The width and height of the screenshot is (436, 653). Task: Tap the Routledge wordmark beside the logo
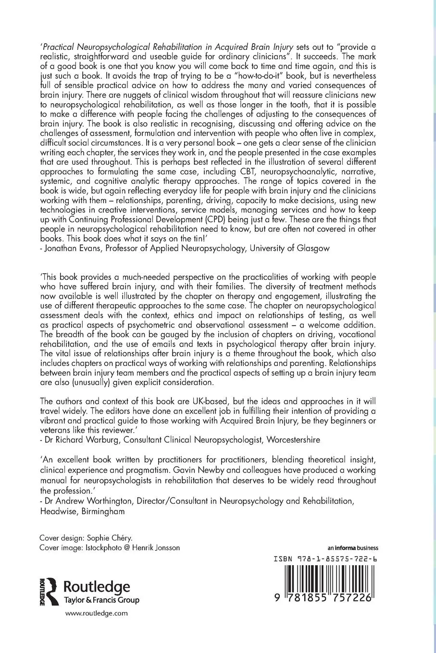pos(97,586)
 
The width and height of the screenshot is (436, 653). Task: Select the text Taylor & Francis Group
pos(101,600)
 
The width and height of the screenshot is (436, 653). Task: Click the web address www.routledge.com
pos(96,613)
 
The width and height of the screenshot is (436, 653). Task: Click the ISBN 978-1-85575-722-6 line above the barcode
pos(325,559)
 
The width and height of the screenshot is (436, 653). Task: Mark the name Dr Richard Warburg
pos(77,439)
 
